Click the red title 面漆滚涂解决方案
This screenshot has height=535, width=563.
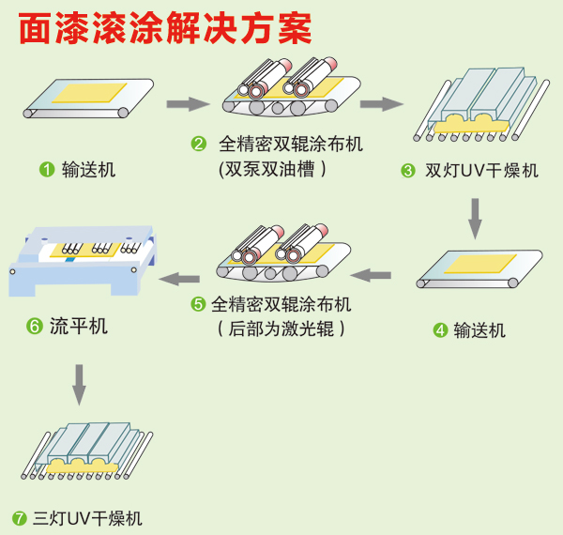click(x=165, y=29)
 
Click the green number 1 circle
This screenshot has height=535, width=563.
click(x=45, y=170)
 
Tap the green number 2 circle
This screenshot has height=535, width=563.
click(x=198, y=145)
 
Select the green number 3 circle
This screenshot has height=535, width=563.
click(x=407, y=171)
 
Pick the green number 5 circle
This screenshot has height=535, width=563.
click(x=198, y=304)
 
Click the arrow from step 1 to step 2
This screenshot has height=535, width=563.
click(x=186, y=104)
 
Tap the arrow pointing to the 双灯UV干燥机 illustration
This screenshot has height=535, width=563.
click(x=380, y=104)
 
